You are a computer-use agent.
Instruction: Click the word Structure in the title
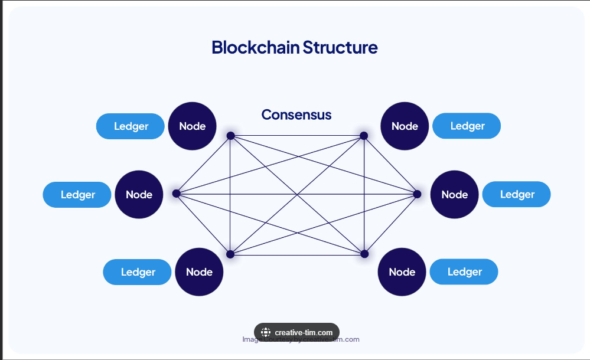[x=340, y=47]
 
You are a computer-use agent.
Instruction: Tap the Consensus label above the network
[x=296, y=114]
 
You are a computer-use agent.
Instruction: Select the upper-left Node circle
[x=192, y=126]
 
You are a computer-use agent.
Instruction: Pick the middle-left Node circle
[x=139, y=195]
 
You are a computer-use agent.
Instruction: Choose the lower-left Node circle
[x=199, y=272]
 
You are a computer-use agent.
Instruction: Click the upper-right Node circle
[x=405, y=126]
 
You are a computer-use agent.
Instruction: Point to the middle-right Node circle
[x=454, y=195]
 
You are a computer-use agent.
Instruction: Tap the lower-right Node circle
[x=402, y=272]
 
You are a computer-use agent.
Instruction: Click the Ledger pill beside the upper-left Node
[x=131, y=126]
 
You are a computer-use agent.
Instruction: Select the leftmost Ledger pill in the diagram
[x=77, y=195]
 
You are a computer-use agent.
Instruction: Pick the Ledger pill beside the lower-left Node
[x=138, y=272]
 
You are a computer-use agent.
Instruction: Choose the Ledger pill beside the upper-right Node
[x=467, y=126]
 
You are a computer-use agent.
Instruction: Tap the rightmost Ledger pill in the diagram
[x=517, y=195]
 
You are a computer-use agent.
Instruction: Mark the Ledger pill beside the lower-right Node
[x=464, y=272]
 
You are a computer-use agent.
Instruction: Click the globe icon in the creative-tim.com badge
[x=266, y=332]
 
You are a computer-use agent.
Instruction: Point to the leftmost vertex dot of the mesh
[x=176, y=193]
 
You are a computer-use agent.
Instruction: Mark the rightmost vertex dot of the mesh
[x=417, y=194]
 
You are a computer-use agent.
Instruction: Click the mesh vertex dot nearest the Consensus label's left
[x=231, y=136]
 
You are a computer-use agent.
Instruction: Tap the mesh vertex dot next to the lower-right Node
[x=364, y=254]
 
